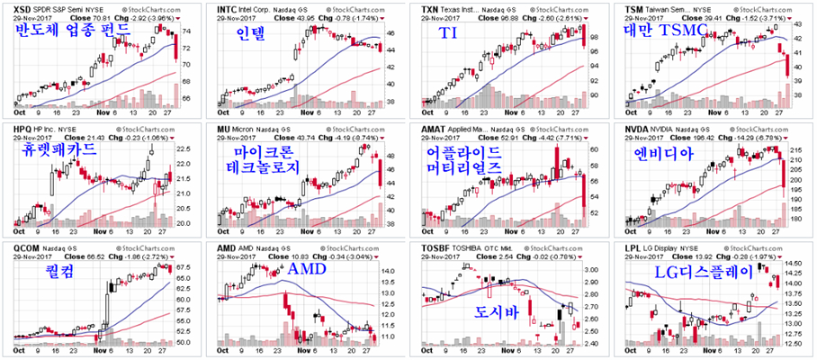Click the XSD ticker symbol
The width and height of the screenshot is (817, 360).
click(x=14, y=7)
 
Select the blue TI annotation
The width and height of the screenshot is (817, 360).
click(x=447, y=33)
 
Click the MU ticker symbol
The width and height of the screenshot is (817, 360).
click(x=225, y=129)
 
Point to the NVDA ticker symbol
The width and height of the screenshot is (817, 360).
click(x=638, y=129)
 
